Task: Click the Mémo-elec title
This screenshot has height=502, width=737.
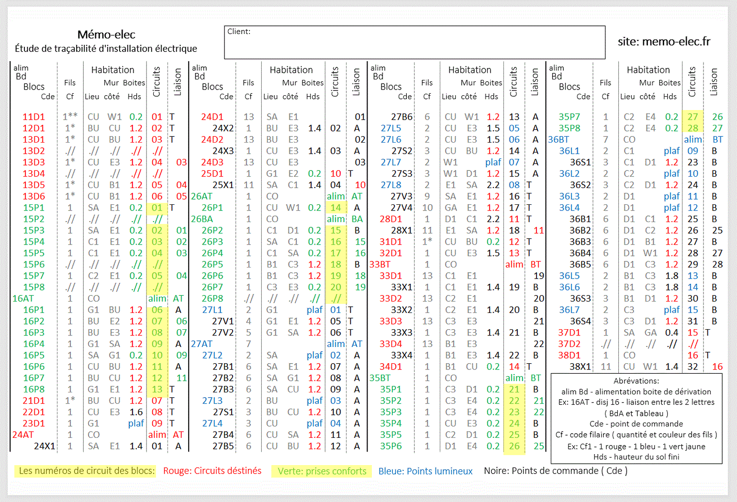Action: pyautogui.click(x=106, y=34)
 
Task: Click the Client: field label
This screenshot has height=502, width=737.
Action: pyautogui.click(x=239, y=32)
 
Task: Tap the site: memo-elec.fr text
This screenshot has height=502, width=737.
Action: pyautogui.click(x=664, y=42)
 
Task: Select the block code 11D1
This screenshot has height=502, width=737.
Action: pyautogui.click(x=33, y=117)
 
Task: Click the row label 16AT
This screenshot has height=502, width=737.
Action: pyautogui.click(x=23, y=299)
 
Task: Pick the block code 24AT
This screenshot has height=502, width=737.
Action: pyautogui.click(x=23, y=435)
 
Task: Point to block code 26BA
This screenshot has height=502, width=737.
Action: pyautogui.click(x=201, y=219)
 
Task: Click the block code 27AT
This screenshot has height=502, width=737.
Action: pyautogui.click(x=201, y=344)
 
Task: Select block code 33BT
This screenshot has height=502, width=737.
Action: pyautogui.click(x=380, y=265)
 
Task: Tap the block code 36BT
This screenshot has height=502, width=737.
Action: pyautogui.click(x=558, y=140)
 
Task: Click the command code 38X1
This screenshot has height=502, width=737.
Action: pyautogui.click(x=580, y=367)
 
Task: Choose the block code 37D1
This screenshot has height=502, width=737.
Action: pyautogui.click(x=569, y=333)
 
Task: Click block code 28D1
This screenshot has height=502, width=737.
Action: pyautogui.click(x=391, y=219)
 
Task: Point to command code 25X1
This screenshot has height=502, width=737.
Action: pyautogui.click(x=223, y=185)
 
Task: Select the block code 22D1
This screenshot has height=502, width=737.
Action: pyautogui.click(x=33, y=412)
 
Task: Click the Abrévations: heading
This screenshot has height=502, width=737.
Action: pyautogui.click(x=636, y=381)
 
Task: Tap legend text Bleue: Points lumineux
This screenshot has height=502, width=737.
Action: pyautogui.click(x=425, y=471)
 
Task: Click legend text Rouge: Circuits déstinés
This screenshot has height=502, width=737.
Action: pyautogui.click(x=212, y=471)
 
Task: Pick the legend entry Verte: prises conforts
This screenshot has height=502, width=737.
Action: pyautogui.click(x=322, y=471)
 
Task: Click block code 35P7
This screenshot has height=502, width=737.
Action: pyautogui.click(x=569, y=117)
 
